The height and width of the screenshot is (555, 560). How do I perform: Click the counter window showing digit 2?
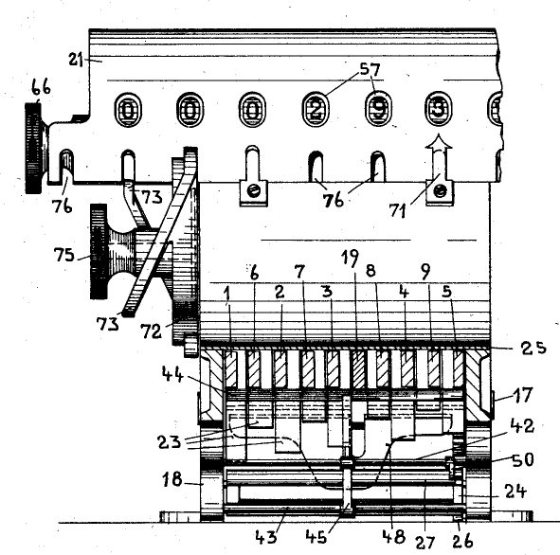click(316, 110)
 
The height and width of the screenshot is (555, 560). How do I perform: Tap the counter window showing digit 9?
click(378, 109)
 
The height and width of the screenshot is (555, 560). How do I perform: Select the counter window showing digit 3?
click(438, 109)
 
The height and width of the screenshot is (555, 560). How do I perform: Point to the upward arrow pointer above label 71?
click(440, 158)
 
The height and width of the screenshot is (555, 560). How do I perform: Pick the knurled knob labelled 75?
click(99, 252)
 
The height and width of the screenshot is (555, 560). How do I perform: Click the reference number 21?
click(76, 60)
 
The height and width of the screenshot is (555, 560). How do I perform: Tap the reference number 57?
click(370, 69)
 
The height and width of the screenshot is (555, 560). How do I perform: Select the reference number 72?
click(151, 331)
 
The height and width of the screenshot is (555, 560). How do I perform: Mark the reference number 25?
click(533, 348)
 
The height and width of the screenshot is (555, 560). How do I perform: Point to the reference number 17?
click(522, 396)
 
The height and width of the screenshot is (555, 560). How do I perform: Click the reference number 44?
click(172, 374)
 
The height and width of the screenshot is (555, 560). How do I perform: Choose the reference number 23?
click(170, 442)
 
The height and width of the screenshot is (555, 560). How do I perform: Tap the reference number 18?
click(172, 479)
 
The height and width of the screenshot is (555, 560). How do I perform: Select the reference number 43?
click(266, 537)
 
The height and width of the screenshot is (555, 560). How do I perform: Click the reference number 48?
click(394, 536)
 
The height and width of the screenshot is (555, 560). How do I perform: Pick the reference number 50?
click(523, 459)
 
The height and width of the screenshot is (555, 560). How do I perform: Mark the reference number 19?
click(350, 258)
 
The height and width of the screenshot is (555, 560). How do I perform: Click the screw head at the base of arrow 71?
click(440, 191)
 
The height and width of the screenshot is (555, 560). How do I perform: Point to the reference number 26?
click(462, 541)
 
